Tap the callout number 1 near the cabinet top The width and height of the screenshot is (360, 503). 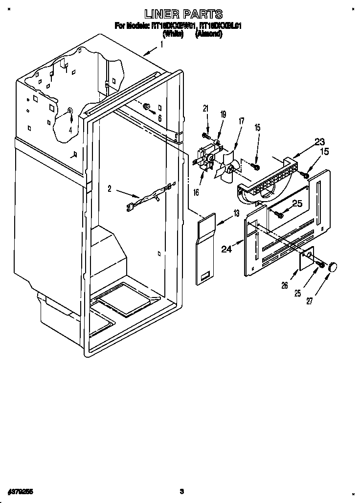click(162, 45)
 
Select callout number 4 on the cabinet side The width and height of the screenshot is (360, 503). click(70, 130)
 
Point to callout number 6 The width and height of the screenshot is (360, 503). click(159, 117)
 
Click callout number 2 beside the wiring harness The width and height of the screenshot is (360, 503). click(110, 188)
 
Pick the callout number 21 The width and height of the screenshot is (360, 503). click(206, 108)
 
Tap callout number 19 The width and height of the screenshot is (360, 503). click(223, 114)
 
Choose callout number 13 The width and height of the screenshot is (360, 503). click(236, 213)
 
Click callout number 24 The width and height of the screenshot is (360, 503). click(226, 249)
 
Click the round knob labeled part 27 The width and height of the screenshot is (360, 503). click(334, 267)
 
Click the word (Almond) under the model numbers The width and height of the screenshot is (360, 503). click(209, 34)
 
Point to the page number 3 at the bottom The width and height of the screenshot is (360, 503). click(181, 491)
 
